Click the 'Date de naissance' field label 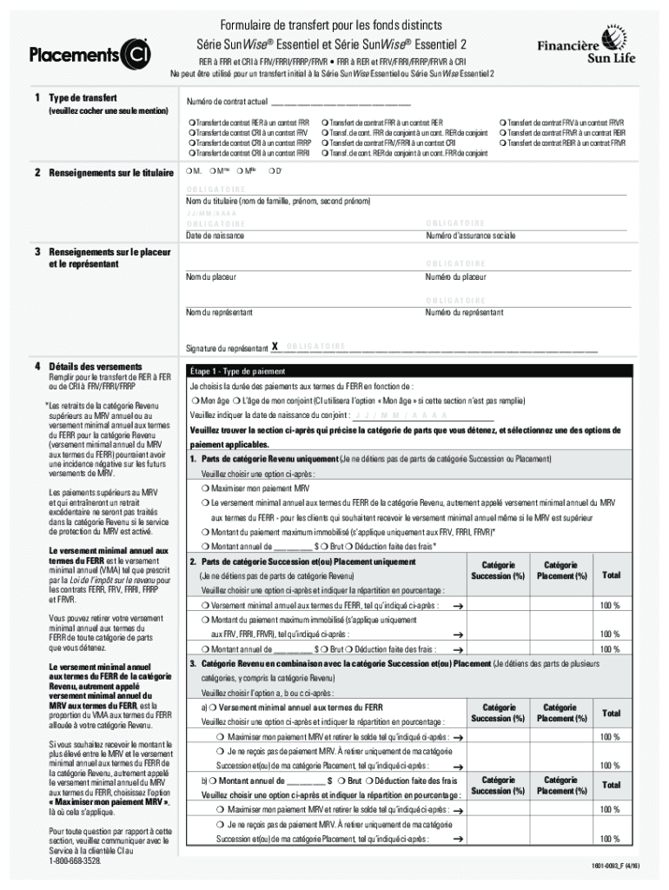[x=215, y=236]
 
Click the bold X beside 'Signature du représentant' [x=274, y=347]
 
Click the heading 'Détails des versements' [x=95, y=367]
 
